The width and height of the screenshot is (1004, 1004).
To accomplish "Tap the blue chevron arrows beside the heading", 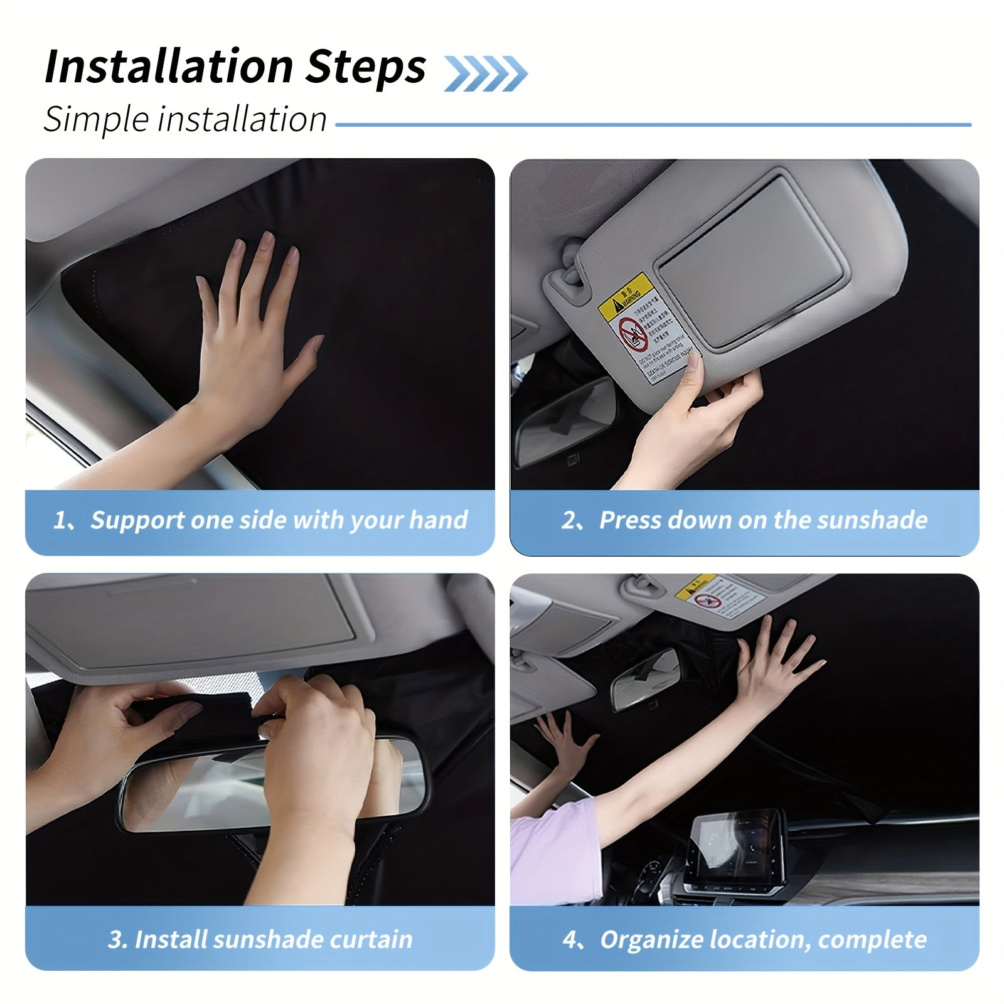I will click(485, 73).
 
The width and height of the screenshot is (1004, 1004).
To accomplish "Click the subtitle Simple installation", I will click(185, 119).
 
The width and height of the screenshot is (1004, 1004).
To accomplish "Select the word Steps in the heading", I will click(365, 67).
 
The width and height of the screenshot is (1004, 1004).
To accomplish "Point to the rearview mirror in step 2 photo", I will click(565, 420).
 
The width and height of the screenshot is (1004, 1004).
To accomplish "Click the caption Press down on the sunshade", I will click(762, 520).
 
